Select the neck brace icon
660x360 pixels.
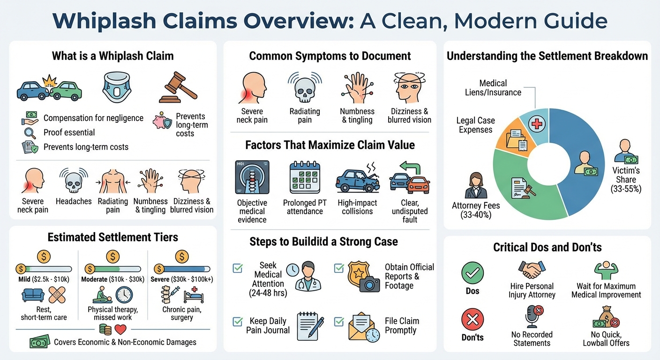[x=116, y=88]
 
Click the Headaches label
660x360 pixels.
[x=74, y=201]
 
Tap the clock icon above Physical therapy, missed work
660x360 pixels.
[x=124, y=295]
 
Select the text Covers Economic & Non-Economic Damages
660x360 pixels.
[x=125, y=342]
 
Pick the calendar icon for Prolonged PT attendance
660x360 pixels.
[x=304, y=177]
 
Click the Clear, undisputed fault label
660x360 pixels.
[x=410, y=211]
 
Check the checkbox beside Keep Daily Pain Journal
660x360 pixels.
[x=238, y=322]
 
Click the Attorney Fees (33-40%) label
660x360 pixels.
[x=476, y=210]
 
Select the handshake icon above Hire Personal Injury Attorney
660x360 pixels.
[x=532, y=270]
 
